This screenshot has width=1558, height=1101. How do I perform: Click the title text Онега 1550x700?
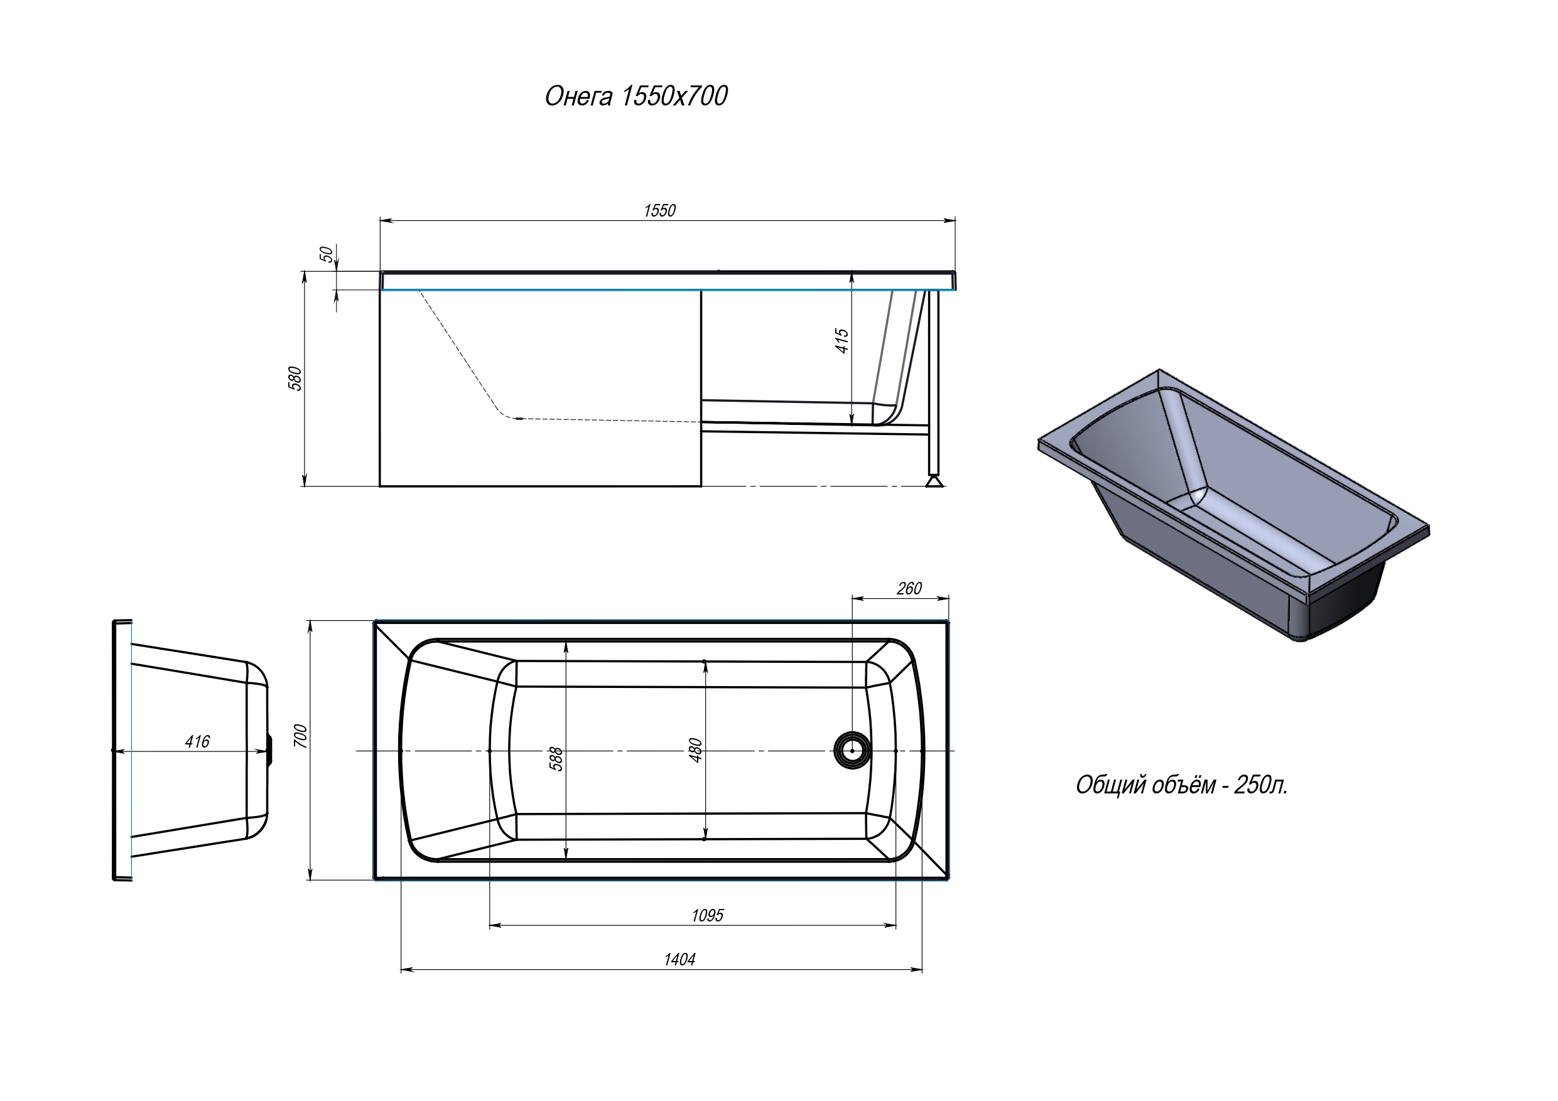[636, 96]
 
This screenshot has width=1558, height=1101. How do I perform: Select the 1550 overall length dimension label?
[659, 211]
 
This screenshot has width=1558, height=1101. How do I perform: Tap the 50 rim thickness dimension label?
[327, 254]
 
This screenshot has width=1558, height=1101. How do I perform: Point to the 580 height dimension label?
[295, 379]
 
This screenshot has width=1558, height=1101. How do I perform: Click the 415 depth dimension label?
[841, 341]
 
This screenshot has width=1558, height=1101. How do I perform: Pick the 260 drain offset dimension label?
[909, 589]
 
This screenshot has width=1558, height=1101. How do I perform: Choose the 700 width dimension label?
[301, 736]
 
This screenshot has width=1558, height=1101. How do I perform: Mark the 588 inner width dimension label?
[556, 758]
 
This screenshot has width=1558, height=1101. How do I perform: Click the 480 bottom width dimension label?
[696, 750]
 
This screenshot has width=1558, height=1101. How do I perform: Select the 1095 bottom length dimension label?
[707, 916]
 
